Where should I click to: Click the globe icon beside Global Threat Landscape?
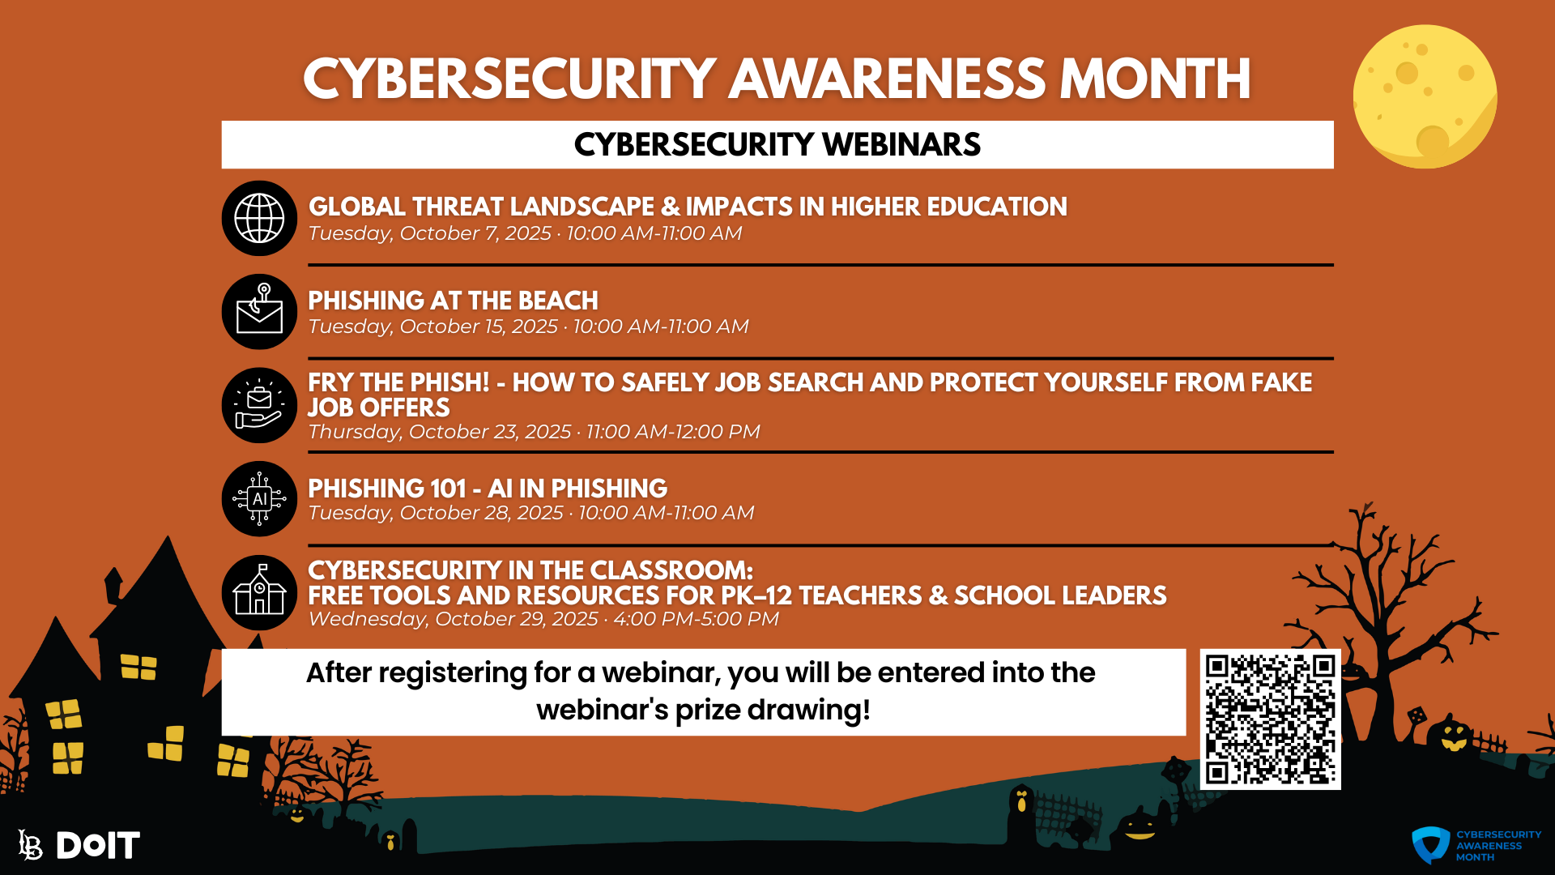(259, 218)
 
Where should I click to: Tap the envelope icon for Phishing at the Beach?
(259, 313)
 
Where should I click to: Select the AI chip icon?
(259, 499)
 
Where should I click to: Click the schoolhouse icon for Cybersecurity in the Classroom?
(259, 593)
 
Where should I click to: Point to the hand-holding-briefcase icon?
(259, 406)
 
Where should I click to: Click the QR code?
(1270, 719)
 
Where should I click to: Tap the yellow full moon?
(1425, 96)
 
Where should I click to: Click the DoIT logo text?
(97, 846)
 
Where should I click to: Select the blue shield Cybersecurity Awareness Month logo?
(1431, 845)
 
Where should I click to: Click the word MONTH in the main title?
(1155, 79)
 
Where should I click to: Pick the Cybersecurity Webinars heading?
(777, 145)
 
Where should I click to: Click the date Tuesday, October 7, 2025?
(429, 233)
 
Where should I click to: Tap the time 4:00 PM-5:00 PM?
(696, 619)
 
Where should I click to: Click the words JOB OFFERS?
(378, 408)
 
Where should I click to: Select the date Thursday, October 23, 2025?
(439, 432)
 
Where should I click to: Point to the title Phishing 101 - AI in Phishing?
(487, 489)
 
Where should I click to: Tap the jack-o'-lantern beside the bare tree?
(1453, 737)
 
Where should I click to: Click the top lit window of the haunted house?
(138, 667)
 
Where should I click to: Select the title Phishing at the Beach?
(453, 301)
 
